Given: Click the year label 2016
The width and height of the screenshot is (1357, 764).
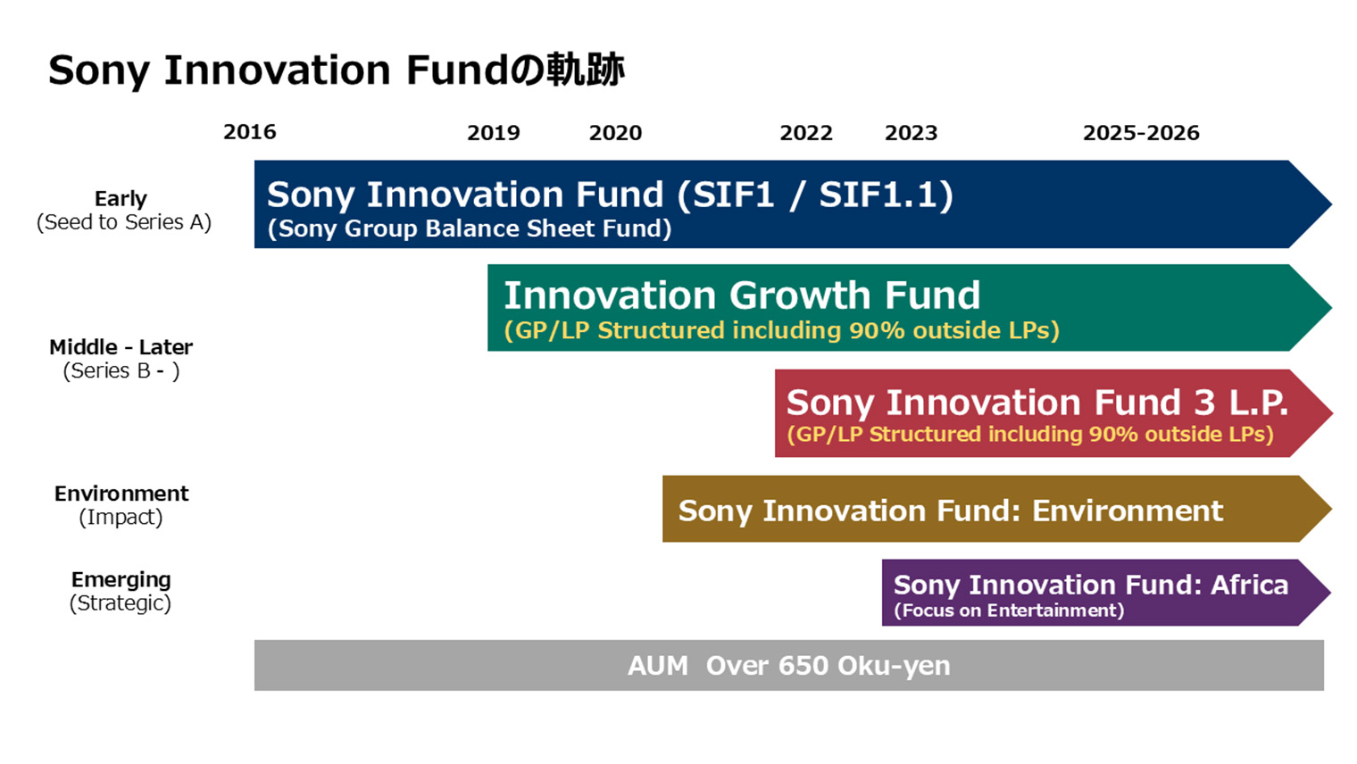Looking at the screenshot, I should [x=249, y=132].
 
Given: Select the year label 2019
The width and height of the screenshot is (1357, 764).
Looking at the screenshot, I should [x=493, y=133].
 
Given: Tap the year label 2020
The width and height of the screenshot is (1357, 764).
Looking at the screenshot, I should [x=615, y=133].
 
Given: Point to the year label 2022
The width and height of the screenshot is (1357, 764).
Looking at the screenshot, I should [x=805, y=133].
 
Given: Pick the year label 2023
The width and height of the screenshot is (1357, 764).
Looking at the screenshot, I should [x=911, y=133].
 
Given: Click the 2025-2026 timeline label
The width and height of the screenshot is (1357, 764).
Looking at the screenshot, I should [x=1141, y=133].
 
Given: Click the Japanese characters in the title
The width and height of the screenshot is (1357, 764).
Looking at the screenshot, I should [x=568, y=70].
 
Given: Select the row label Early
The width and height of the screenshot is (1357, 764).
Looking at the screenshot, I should [x=121, y=198].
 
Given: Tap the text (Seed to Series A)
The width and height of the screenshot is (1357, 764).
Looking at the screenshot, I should [x=123, y=222].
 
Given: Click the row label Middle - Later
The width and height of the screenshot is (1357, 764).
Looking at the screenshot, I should [x=121, y=347].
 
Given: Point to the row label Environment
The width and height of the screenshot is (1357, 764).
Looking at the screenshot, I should [x=121, y=494].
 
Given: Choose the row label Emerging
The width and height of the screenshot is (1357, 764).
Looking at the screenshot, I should [x=121, y=579].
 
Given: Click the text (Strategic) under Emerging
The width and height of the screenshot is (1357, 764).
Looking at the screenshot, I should [x=121, y=603].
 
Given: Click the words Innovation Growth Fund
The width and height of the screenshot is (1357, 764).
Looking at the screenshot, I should [x=742, y=295].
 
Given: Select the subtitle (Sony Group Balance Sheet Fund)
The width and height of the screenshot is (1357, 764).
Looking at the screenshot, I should [x=470, y=228].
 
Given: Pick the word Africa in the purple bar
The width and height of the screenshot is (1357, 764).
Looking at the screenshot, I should [x=1249, y=585].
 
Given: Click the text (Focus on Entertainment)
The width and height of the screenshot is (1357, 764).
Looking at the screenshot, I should [x=1009, y=610].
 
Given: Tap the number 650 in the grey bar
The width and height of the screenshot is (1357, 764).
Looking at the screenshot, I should [x=803, y=666].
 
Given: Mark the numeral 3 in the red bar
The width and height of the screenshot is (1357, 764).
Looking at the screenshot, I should [x=1204, y=403].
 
